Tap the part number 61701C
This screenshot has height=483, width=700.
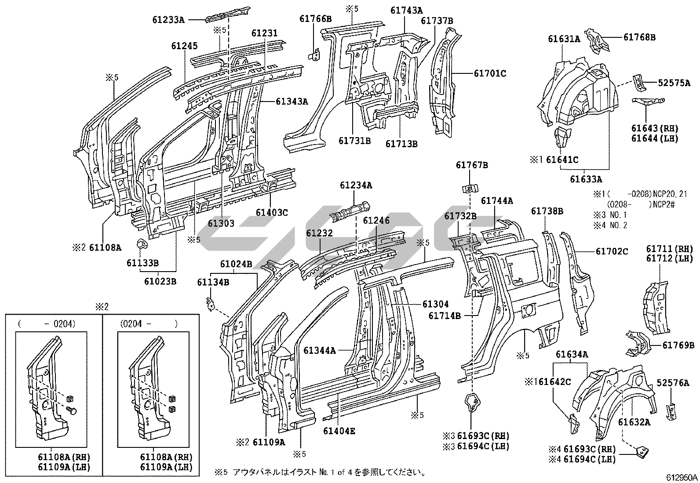tap(490, 73)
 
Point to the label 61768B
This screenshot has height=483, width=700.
tap(639, 37)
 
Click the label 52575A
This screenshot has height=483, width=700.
tap(674, 82)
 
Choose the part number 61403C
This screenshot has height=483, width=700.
tap(272, 213)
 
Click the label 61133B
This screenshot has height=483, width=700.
tap(142, 263)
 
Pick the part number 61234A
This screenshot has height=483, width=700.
tap(356, 185)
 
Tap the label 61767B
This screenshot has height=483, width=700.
tap(472, 165)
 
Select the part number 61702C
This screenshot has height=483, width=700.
tap(612, 251)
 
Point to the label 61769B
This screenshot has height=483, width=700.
tap(678, 345)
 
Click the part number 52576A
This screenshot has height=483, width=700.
tap(673, 383)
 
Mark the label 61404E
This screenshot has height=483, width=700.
tap(339, 431)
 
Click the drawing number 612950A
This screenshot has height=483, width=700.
tap(682, 477)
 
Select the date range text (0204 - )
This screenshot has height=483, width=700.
tap(149, 324)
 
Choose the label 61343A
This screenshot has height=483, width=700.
tap(292, 102)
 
